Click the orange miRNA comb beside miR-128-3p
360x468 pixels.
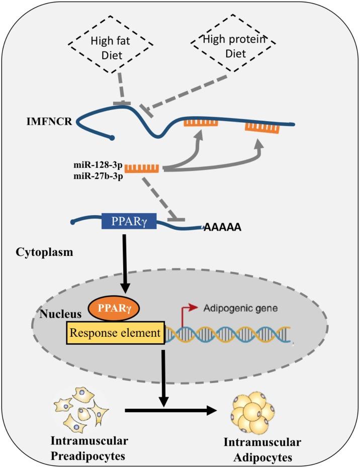click(x=142, y=167)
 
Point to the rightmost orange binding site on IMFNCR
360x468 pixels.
click(x=261, y=128)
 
